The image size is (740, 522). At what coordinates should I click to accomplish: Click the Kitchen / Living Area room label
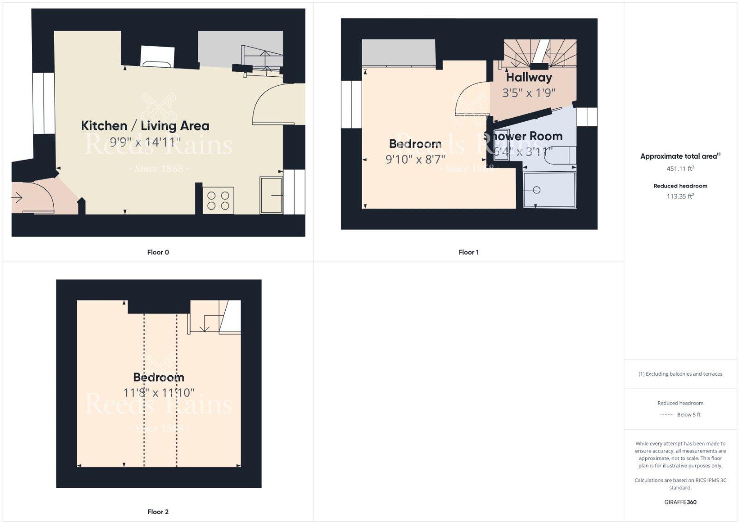pyautogui.click(x=145, y=125)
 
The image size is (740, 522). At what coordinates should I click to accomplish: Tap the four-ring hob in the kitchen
pyautogui.click(x=218, y=200)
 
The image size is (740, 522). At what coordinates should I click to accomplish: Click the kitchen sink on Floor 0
pyautogui.click(x=271, y=196)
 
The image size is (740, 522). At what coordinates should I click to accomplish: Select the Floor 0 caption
pyautogui.click(x=158, y=252)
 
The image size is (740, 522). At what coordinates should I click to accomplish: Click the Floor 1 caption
pyautogui.click(x=469, y=252)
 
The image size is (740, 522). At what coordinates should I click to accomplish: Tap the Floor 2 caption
pyautogui.click(x=158, y=512)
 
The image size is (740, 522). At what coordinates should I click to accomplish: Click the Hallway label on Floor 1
pyautogui.click(x=529, y=77)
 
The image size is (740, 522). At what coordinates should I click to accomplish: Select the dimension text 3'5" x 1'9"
pyautogui.click(x=529, y=93)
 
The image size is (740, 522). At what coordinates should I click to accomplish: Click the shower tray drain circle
pyautogui.click(x=536, y=190)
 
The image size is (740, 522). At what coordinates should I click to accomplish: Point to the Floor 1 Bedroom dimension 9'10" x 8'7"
pyautogui.click(x=415, y=160)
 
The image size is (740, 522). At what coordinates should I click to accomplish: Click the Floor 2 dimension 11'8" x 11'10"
pyautogui.click(x=159, y=393)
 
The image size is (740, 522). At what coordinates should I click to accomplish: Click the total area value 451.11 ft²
pyautogui.click(x=680, y=168)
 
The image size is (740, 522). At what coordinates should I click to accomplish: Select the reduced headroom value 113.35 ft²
pyautogui.click(x=680, y=196)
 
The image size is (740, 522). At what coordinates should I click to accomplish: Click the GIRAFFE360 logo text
pyautogui.click(x=680, y=502)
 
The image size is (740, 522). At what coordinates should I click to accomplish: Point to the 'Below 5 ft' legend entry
pyautogui.click(x=688, y=415)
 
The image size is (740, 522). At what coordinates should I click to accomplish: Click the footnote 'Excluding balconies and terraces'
pyautogui.click(x=680, y=374)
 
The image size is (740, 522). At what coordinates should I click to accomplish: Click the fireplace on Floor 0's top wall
pyautogui.click(x=158, y=56)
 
